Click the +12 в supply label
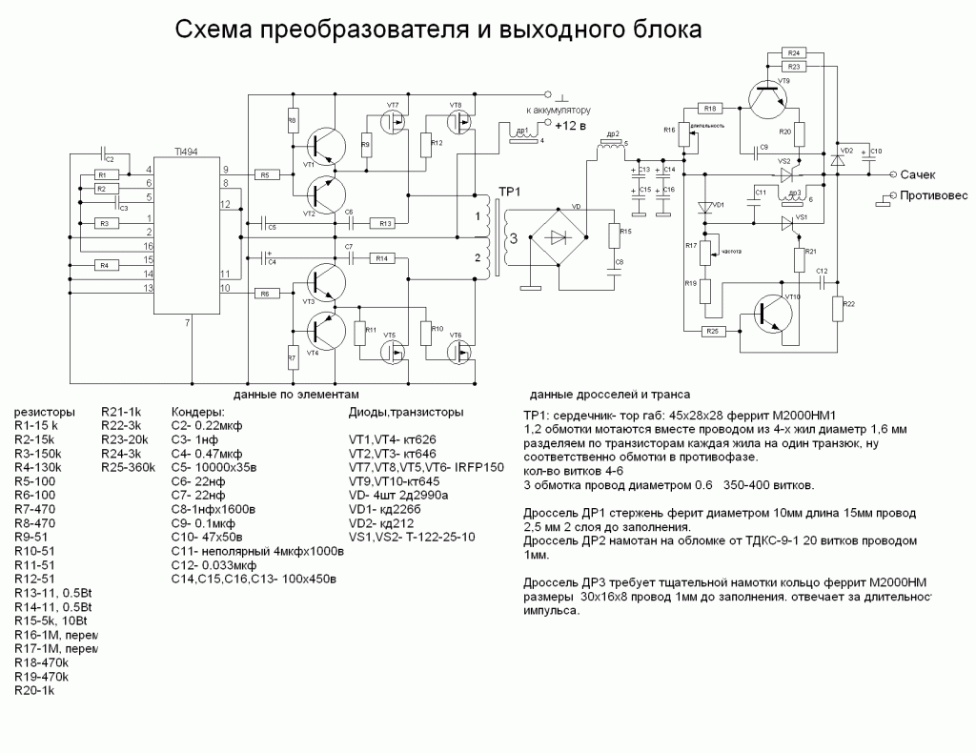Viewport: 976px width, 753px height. click(572, 125)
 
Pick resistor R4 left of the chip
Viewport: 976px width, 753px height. click(104, 265)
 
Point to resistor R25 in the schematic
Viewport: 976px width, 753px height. click(710, 331)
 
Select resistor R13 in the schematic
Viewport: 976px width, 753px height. click(385, 223)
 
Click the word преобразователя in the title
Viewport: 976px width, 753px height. click(361, 31)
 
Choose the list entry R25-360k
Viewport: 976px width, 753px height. click(128, 468)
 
